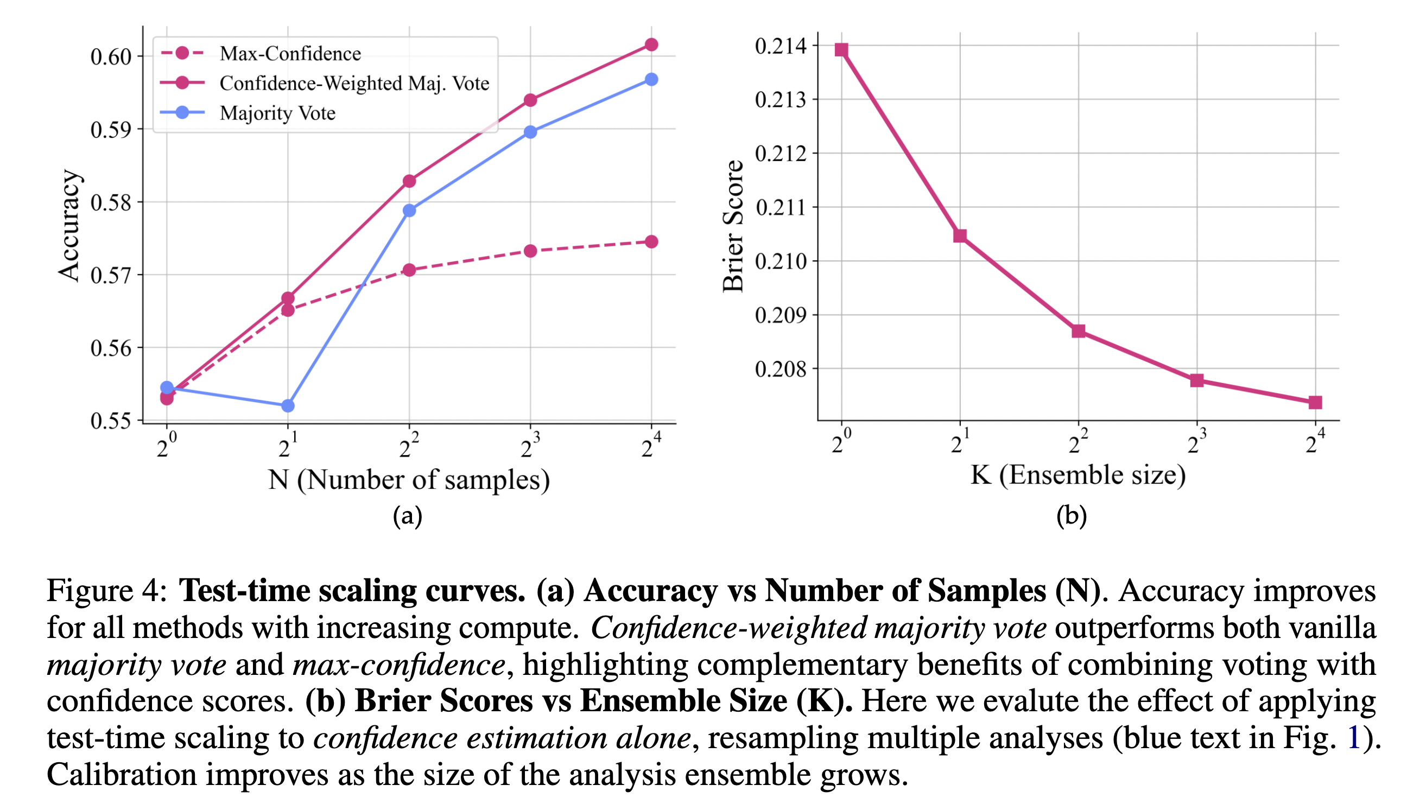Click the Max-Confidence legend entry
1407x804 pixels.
coord(290,54)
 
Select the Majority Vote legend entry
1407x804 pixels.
coord(277,113)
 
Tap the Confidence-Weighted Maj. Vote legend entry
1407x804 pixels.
coord(354,84)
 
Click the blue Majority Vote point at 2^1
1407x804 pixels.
coord(288,406)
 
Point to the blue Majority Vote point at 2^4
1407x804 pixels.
coord(651,80)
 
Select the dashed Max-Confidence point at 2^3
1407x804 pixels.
coord(530,251)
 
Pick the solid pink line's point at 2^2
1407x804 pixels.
coord(409,181)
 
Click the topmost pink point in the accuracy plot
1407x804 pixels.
coord(651,44)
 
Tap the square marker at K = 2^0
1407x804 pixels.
coord(841,50)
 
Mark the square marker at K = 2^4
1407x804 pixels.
coord(1315,403)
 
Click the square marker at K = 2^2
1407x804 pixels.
coord(1078,331)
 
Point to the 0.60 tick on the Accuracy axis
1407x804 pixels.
coord(111,57)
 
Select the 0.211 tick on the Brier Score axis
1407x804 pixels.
coord(780,208)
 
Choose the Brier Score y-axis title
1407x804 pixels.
coord(733,226)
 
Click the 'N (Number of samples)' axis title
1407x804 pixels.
coord(409,480)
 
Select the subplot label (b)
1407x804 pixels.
coord(1071,516)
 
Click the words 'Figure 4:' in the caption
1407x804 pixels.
coord(106,591)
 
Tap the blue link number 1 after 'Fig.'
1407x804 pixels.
coord(1353,738)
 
